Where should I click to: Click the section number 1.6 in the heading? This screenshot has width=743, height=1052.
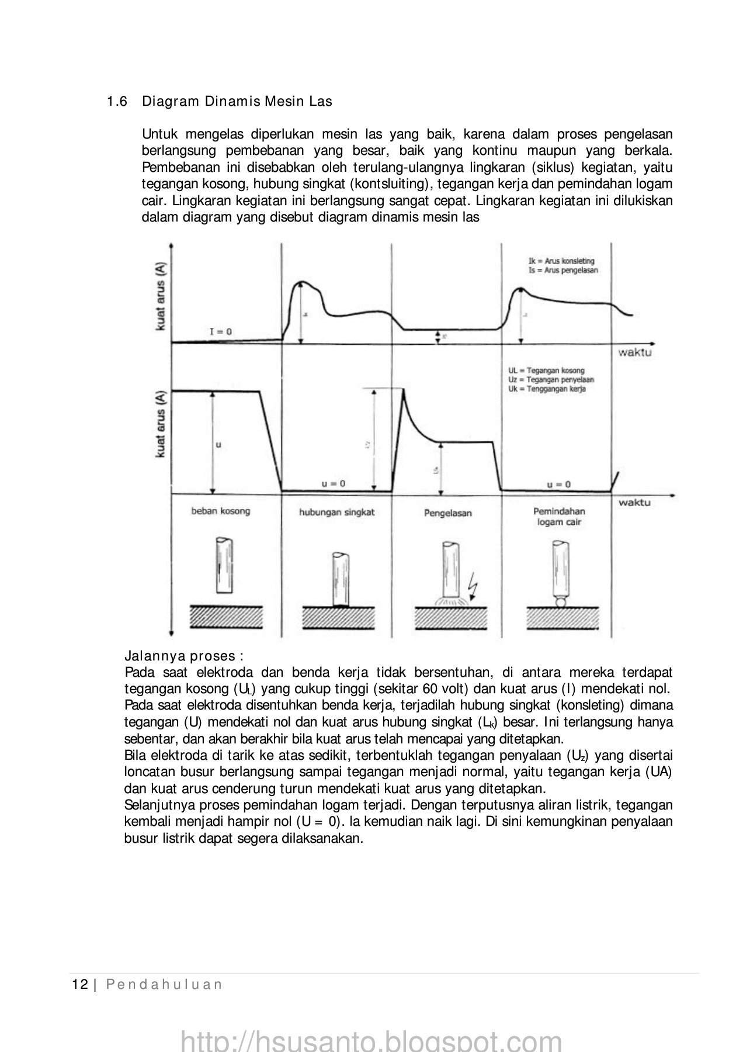click(x=117, y=102)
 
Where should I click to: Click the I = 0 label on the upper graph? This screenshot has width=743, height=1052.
click(x=220, y=331)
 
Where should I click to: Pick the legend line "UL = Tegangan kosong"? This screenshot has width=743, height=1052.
click(x=546, y=371)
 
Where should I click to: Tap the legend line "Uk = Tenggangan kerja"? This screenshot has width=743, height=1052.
click(x=547, y=389)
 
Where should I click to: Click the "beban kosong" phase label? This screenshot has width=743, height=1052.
click(x=220, y=511)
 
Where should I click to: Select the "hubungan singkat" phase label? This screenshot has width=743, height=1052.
click(x=336, y=512)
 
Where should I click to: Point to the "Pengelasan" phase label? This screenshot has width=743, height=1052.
click(x=447, y=513)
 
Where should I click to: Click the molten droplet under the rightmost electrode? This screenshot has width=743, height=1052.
click(x=560, y=602)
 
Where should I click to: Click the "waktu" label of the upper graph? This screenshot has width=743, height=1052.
click(x=635, y=353)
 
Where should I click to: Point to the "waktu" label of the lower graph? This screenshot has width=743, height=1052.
click(x=634, y=502)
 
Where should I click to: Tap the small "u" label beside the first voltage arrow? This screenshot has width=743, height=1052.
click(x=218, y=445)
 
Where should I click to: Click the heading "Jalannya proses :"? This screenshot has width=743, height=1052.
click(x=184, y=656)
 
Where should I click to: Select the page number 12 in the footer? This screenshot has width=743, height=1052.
click(x=79, y=984)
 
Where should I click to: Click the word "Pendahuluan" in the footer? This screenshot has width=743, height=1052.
click(x=164, y=984)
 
